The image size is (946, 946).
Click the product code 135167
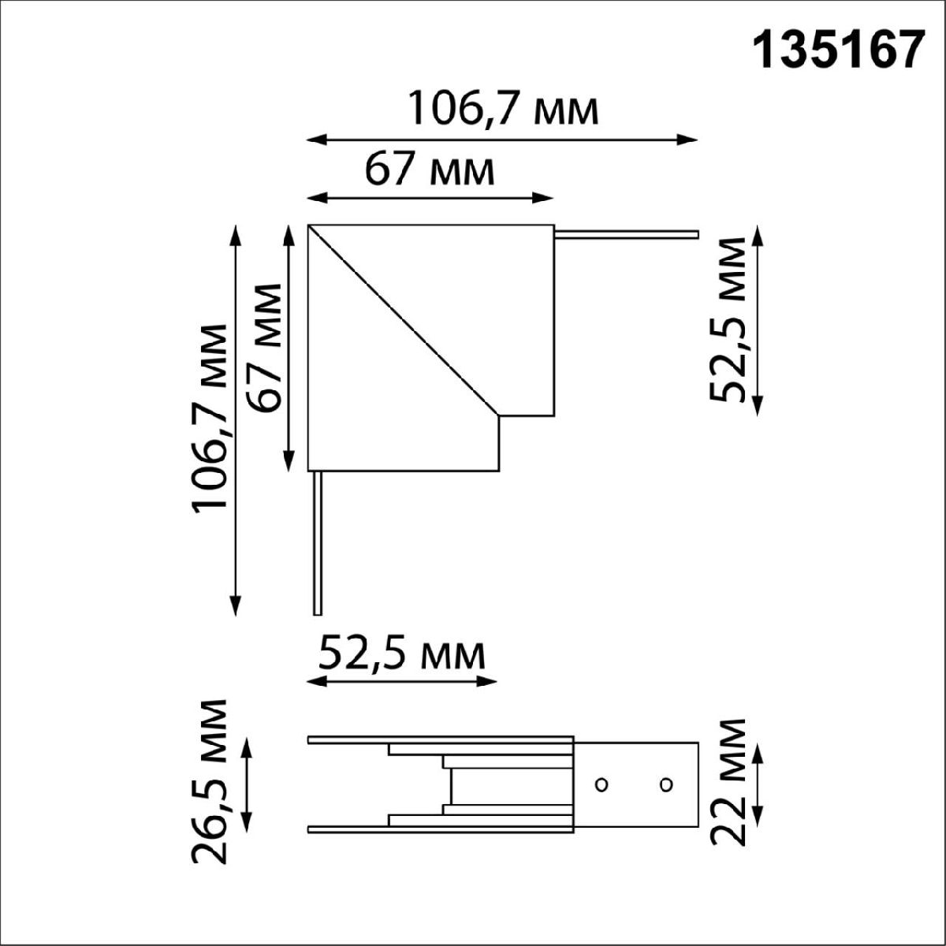839,53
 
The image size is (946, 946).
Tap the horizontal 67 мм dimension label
430,169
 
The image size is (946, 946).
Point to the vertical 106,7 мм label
210,418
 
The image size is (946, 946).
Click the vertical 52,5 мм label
727,319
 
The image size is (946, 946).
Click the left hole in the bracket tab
601,784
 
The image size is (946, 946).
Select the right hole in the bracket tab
666,784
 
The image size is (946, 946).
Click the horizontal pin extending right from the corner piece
627,234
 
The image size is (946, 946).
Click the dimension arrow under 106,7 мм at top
502,140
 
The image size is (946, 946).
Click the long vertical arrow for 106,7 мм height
235,418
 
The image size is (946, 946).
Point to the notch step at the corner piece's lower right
499,417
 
